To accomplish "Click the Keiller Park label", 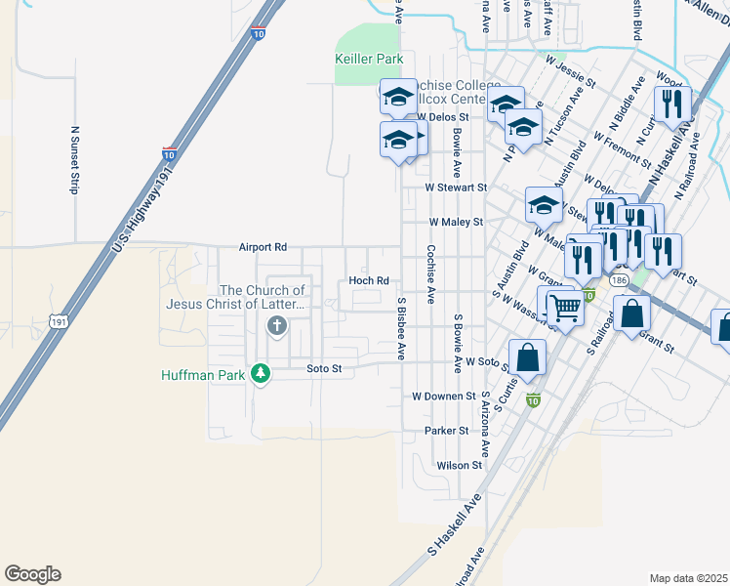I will (x=370, y=59).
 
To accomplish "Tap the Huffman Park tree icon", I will (x=260, y=373).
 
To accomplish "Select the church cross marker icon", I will (x=277, y=326).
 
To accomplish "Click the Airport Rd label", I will (x=264, y=248).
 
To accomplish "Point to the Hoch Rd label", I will (x=369, y=281).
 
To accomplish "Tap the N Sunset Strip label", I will (x=73, y=159).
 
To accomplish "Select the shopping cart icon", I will (x=565, y=308).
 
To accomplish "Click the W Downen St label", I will (x=443, y=397).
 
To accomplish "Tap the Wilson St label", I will (x=460, y=466).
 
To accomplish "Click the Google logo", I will (x=32, y=574).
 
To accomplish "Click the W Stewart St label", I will (x=455, y=187).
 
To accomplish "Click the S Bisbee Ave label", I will (x=400, y=328).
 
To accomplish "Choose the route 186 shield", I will (x=620, y=280).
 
